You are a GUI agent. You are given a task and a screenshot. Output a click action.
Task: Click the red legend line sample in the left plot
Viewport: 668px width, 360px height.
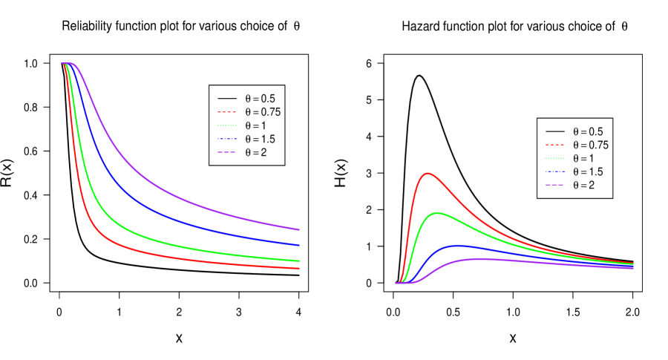[x=226, y=112]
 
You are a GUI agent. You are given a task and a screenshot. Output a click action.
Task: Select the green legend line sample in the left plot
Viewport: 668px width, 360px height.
[x=226, y=125]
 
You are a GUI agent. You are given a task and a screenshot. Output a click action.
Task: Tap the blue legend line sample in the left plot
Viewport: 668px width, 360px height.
[x=226, y=139]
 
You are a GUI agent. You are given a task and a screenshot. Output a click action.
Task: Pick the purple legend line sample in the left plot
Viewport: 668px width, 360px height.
[x=226, y=152]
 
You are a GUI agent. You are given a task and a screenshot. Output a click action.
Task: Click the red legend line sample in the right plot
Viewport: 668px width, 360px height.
[x=554, y=145]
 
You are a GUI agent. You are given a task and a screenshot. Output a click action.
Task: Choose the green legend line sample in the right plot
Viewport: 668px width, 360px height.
[x=554, y=158]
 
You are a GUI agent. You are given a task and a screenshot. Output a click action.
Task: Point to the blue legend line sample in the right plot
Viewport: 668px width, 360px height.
[x=554, y=171]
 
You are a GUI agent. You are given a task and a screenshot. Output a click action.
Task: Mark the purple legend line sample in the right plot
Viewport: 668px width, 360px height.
[x=554, y=185]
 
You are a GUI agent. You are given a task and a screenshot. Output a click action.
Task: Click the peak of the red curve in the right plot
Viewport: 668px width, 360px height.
[x=428, y=174]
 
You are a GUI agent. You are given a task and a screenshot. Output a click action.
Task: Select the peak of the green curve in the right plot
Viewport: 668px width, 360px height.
[x=438, y=213]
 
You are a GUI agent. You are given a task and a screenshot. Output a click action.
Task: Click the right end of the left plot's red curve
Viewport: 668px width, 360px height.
[x=299, y=268]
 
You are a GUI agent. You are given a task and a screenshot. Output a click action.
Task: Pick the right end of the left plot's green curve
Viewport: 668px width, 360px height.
[x=299, y=261]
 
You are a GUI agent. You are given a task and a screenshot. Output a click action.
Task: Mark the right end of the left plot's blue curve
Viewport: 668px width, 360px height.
[x=299, y=245]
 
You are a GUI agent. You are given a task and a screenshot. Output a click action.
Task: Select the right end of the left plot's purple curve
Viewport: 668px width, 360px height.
[x=299, y=229]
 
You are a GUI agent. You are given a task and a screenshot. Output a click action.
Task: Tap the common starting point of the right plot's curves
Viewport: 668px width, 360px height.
[x=397, y=283]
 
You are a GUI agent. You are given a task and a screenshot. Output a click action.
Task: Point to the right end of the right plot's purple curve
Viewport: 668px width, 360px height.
[x=632, y=268]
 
